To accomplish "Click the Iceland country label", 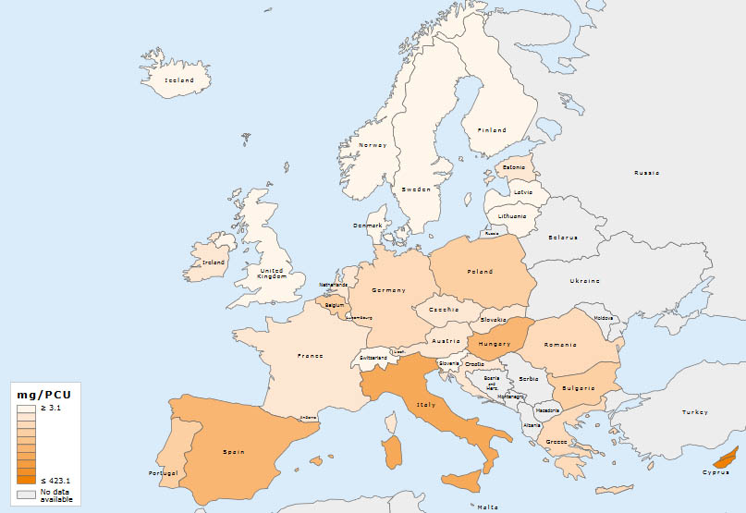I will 178,80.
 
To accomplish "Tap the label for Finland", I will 491,130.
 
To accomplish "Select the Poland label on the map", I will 479,272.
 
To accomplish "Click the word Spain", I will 233,452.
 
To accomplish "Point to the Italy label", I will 426,405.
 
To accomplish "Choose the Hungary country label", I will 495,344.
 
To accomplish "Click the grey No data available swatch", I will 26,495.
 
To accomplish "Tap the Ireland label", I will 214,263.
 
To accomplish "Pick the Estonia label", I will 513,167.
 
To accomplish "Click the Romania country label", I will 560,344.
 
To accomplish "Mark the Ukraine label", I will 583,280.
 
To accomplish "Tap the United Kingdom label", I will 272,273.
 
